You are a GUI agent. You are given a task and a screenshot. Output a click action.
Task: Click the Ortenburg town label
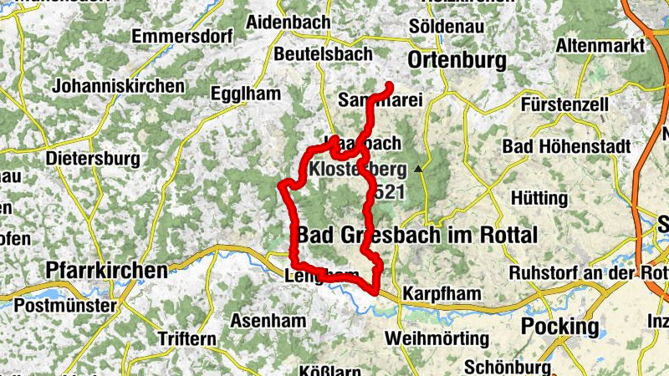[457, 60]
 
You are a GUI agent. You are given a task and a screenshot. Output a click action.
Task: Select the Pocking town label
[559, 325]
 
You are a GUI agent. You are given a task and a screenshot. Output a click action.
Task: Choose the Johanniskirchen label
[118, 86]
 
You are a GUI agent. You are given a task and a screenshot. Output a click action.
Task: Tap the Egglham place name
[246, 94]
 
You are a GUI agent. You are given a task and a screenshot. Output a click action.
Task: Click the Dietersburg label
[93, 157]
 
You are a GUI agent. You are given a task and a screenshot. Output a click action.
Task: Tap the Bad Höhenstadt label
[566, 146]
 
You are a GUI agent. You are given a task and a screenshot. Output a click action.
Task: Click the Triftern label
[186, 338]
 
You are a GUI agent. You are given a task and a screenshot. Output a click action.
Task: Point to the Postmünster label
[65, 306]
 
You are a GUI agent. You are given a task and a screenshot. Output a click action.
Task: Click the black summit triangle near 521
[419, 170]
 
